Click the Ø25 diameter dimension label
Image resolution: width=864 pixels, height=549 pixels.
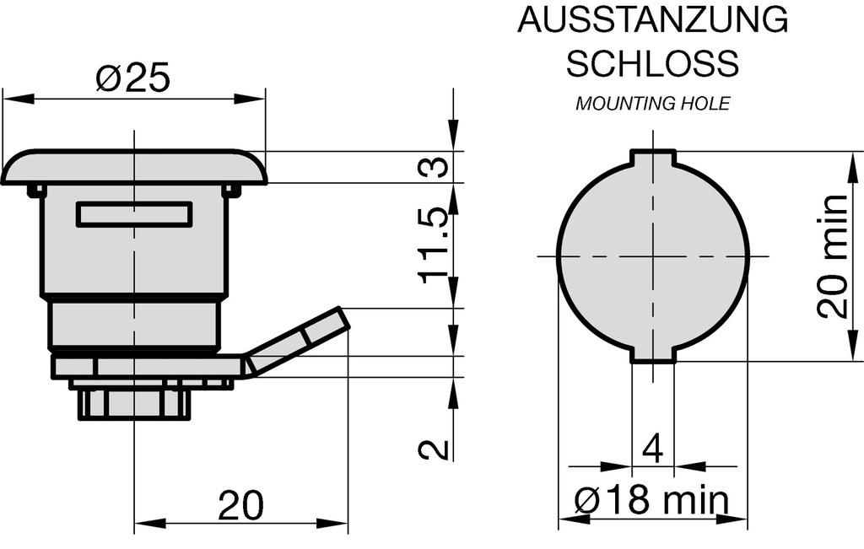point(132,78)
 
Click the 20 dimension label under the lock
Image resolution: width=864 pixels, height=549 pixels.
point(240,505)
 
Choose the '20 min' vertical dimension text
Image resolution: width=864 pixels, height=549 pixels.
point(833,256)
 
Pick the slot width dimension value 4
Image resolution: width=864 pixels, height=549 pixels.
point(652,448)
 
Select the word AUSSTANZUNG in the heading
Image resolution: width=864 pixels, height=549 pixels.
point(652,20)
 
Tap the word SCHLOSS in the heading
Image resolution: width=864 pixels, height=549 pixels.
point(652,62)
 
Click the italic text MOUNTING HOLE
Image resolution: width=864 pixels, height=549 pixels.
point(652,104)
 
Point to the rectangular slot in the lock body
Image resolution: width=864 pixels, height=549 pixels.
point(134,214)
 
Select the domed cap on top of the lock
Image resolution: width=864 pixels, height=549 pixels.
point(134,167)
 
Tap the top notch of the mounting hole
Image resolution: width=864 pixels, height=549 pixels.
point(653,158)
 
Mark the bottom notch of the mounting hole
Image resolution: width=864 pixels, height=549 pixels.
point(653,355)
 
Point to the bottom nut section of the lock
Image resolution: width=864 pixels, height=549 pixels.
point(133,403)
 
